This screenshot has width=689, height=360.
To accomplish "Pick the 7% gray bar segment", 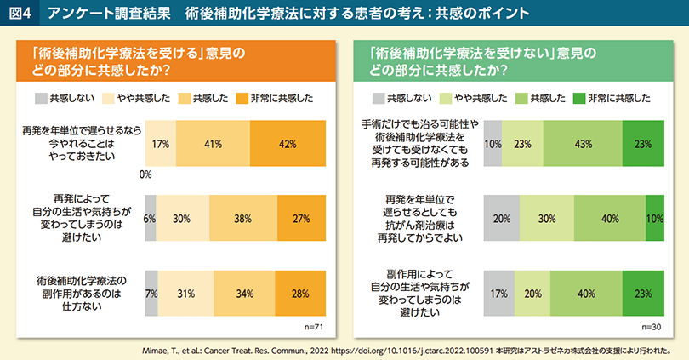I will pyautogui.click(x=151, y=294).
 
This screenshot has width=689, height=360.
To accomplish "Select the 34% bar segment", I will pyautogui.click(x=244, y=294).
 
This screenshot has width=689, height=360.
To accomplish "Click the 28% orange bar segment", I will pyautogui.click(x=299, y=294).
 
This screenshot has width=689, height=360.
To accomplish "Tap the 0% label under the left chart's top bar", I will pyautogui.click(x=145, y=174).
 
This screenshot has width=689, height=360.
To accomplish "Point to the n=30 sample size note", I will pyautogui.click(x=651, y=326).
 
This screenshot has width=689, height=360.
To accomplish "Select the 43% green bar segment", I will pyautogui.click(x=583, y=143).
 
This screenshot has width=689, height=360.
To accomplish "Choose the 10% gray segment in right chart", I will pyautogui.click(x=493, y=143).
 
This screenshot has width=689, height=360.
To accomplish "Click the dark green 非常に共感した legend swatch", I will pyautogui.click(x=581, y=98).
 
